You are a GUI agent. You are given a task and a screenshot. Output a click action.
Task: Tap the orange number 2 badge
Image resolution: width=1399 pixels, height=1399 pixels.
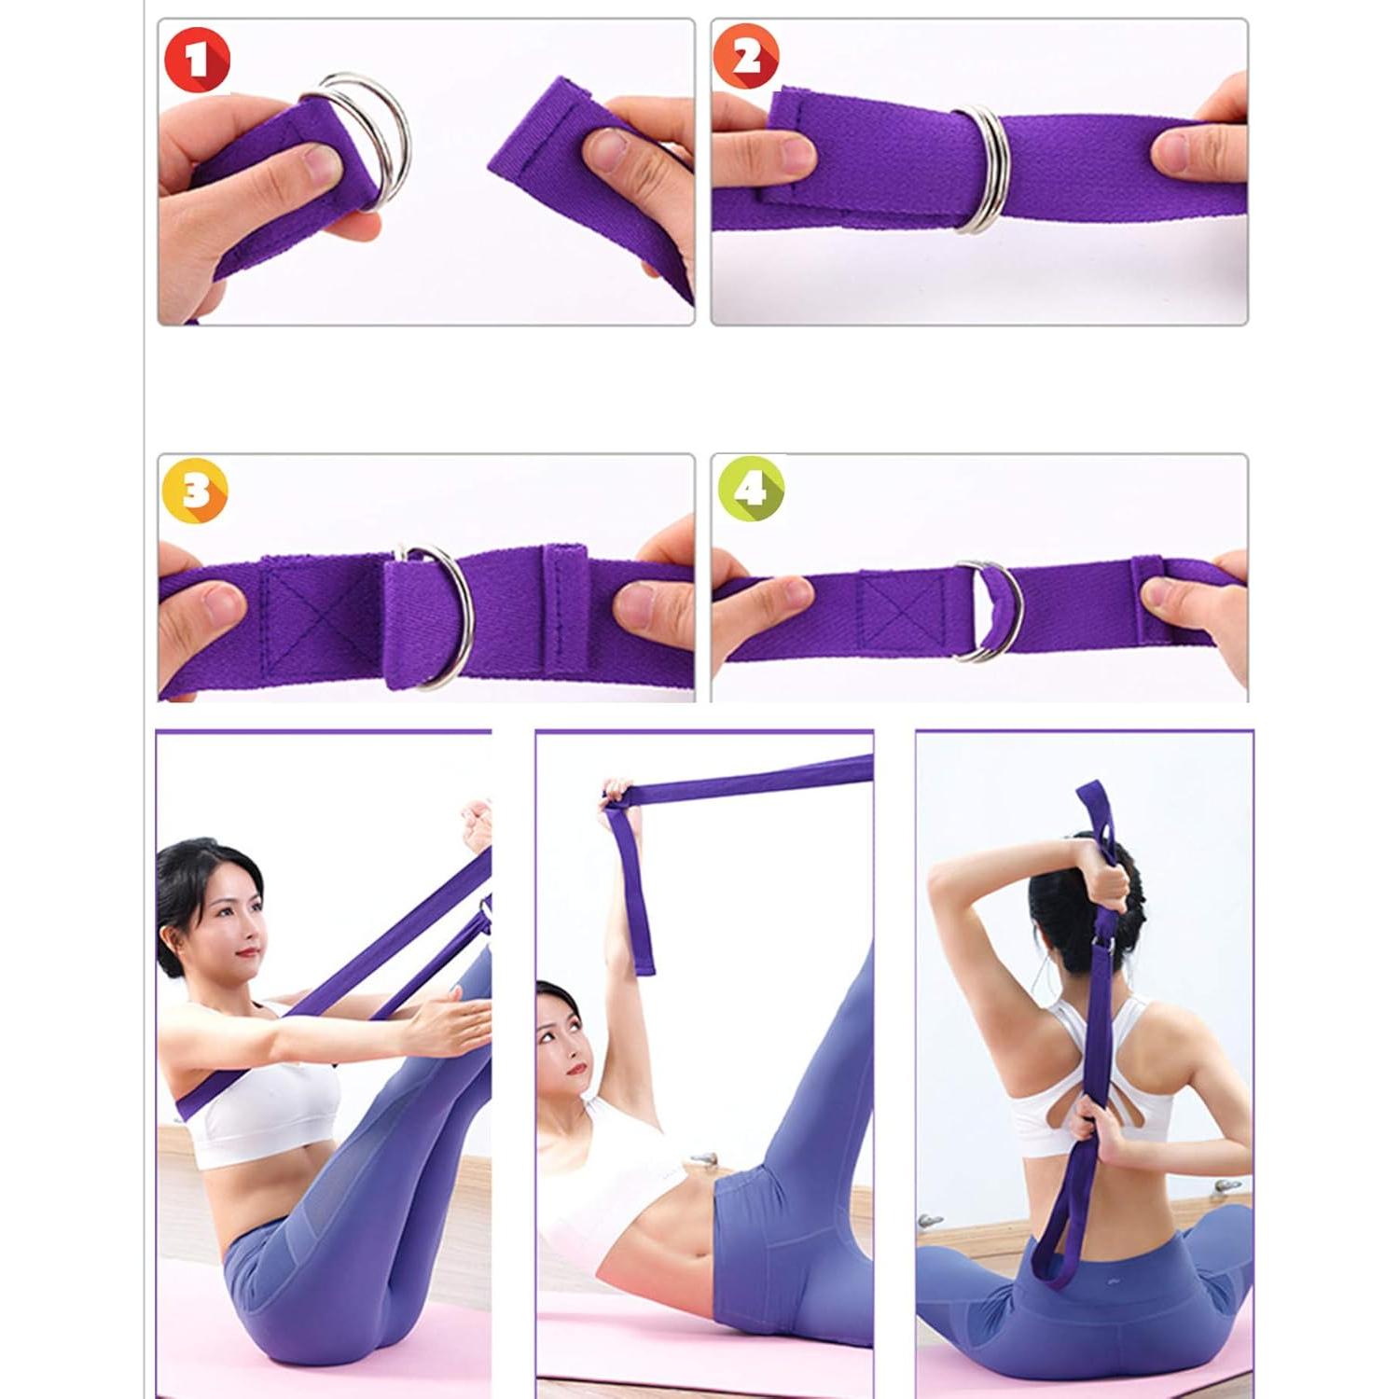tap(747, 58)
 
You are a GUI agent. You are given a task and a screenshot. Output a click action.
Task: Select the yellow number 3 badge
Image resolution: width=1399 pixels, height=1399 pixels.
tap(194, 492)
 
